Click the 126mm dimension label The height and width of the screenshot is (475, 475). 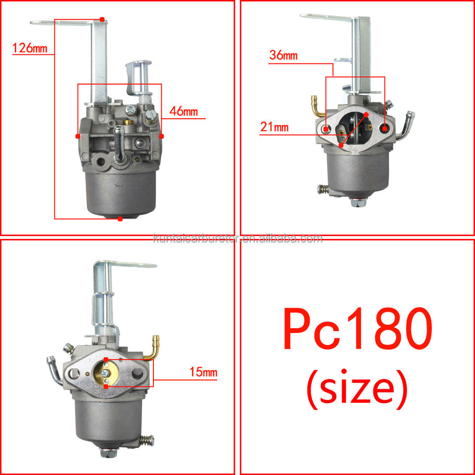click(x=30, y=48)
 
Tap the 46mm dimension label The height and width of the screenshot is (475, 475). click(x=184, y=111)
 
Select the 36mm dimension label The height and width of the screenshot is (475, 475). click(x=284, y=55)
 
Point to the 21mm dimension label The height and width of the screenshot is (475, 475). click(x=275, y=127)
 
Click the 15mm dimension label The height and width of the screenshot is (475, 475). click(x=203, y=372)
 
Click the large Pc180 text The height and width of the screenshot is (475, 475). click(x=358, y=329)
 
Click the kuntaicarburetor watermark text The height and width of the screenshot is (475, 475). click(x=238, y=239)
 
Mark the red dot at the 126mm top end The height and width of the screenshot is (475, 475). click(x=102, y=19)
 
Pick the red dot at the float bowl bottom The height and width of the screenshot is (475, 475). click(x=120, y=219)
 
